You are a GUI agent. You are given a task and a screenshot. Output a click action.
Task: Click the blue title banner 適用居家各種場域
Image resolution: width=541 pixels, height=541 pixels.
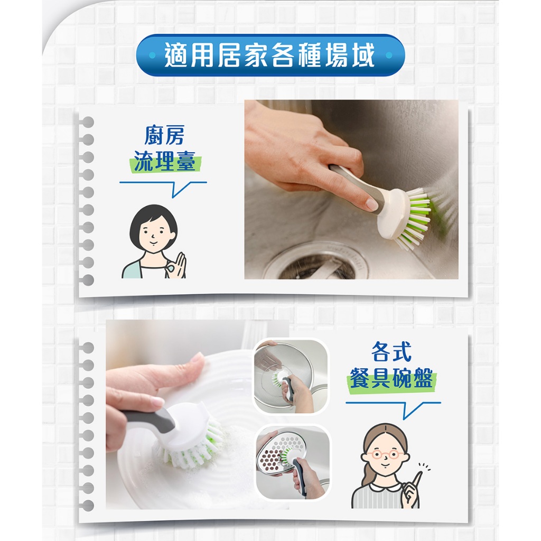(x=270, y=55)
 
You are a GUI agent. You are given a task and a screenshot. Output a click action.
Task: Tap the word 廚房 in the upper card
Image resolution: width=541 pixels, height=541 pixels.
(x=164, y=135)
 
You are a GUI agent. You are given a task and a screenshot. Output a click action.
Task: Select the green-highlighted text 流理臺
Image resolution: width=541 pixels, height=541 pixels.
(x=164, y=161)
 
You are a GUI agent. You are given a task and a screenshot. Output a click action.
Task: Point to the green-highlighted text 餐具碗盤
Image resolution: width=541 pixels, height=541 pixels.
(x=391, y=378)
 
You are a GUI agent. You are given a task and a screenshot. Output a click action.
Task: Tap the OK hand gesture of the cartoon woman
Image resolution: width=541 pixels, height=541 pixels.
(x=175, y=266)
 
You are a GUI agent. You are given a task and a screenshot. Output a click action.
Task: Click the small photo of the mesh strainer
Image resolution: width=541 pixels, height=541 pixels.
(x=291, y=376)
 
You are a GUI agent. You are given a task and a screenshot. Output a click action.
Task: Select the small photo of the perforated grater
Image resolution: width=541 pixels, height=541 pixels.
(x=293, y=462)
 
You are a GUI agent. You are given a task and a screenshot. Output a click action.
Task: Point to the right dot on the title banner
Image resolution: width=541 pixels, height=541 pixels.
(x=389, y=55)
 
